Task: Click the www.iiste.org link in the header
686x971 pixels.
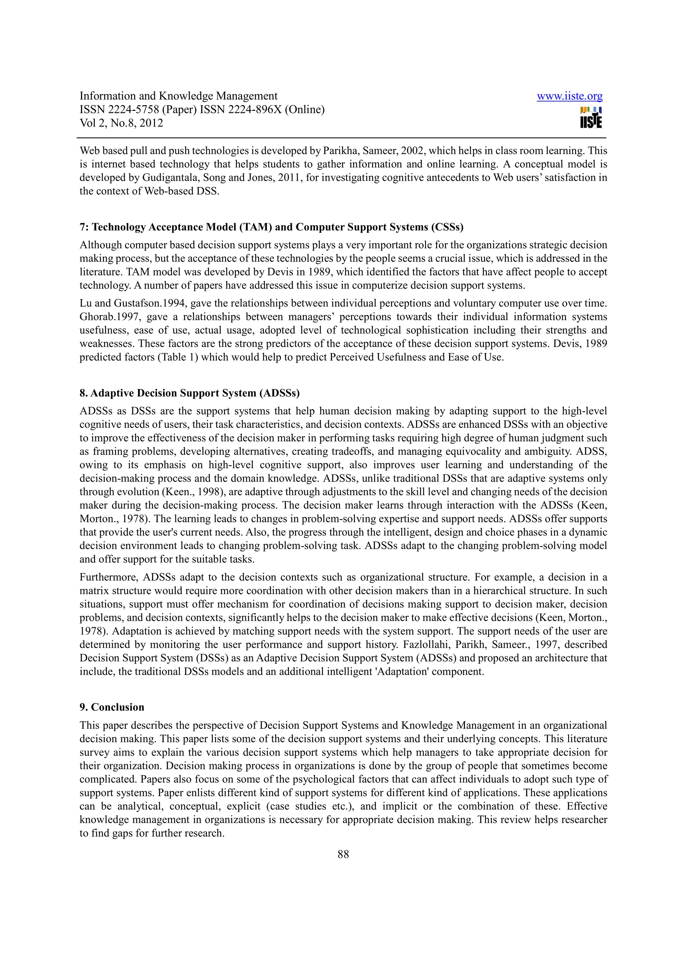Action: tap(569, 96)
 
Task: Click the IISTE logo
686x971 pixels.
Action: tap(591, 117)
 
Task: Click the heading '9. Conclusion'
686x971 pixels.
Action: tap(112, 707)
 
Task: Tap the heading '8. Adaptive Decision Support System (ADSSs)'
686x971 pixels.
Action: tap(189, 393)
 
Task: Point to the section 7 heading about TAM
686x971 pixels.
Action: tap(271, 227)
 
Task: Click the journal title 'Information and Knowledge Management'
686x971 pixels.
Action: tap(179, 96)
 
